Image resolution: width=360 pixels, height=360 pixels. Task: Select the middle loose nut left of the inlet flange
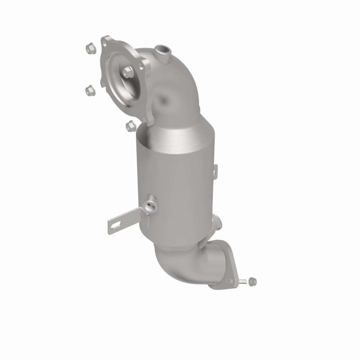pyautogui.click(x=89, y=90)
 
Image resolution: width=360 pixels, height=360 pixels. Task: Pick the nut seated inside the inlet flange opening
pyautogui.click(x=127, y=71)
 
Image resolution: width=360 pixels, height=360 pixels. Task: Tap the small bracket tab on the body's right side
pyautogui.click(x=215, y=171)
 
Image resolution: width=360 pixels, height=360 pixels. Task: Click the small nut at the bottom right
pyautogui.click(x=252, y=281)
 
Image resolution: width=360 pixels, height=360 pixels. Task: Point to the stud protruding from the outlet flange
pyautogui.click(x=243, y=282)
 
